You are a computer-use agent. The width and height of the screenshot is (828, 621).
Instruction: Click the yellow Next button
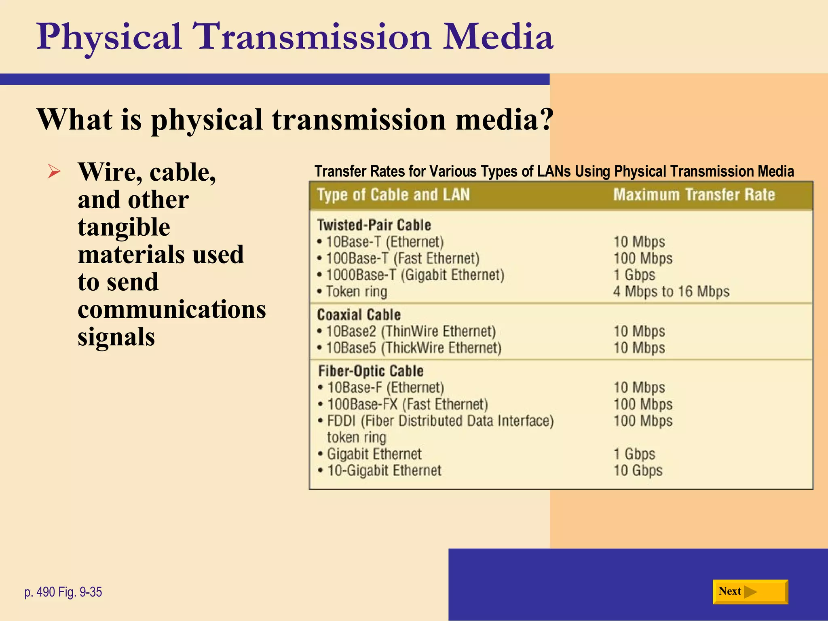[750, 592]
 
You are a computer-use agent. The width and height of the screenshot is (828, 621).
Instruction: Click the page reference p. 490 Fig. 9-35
[63, 592]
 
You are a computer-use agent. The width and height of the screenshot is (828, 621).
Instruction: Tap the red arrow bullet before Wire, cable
[54, 171]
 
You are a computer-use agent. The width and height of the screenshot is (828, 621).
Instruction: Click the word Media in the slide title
[498, 37]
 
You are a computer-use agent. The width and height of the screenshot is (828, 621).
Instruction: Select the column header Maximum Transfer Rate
[694, 195]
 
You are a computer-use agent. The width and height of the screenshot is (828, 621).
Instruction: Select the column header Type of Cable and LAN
[393, 195]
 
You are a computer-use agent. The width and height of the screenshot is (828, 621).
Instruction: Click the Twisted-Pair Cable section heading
[374, 225]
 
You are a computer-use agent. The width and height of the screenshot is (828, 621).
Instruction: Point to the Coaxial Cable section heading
[359, 315]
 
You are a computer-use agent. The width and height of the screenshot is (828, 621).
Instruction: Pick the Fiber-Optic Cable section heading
[371, 371]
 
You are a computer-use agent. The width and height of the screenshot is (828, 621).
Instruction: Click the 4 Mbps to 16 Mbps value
[671, 291]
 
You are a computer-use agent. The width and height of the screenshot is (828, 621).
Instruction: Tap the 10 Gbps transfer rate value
[638, 471]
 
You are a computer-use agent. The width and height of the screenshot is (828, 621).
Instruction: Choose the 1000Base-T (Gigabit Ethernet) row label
[415, 275]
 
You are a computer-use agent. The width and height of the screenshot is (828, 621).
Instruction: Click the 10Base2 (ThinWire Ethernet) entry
[410, 332]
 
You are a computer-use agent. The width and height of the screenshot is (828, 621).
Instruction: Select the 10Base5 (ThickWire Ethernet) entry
[413, 348]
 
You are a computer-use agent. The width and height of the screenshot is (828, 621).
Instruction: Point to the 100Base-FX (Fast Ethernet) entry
[408, 404]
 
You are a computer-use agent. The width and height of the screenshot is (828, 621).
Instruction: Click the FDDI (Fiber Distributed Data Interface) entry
[440, 421]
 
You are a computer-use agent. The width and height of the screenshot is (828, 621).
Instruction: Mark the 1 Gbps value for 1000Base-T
[634, 275]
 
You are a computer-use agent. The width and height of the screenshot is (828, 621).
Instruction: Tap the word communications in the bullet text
[172, 310]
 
